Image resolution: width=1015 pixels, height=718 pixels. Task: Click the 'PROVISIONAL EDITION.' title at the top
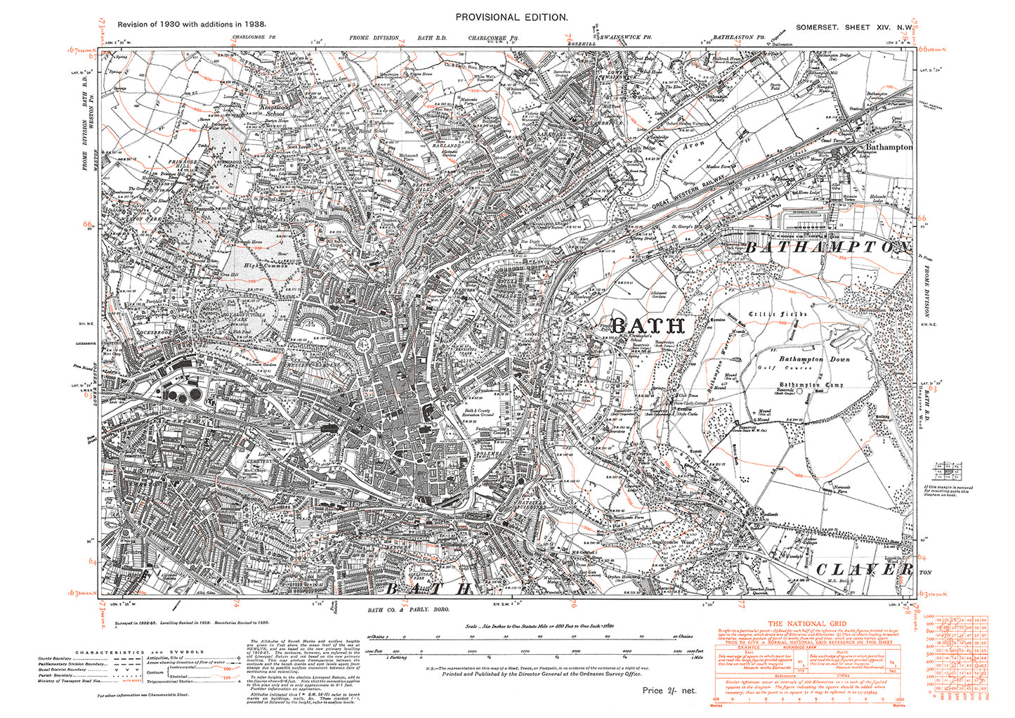coord(511,17)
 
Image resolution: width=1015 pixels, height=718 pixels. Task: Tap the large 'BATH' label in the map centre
coord(647,325)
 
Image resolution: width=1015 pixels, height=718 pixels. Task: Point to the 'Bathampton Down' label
coord(814,359)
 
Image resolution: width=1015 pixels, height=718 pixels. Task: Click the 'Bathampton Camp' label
coord(811,385)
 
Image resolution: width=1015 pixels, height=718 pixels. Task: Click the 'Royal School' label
coord(372,131)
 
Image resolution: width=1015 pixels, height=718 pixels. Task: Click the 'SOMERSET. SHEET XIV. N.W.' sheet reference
coord(853,27)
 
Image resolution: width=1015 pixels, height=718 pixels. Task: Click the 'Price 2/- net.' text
coord(669,691)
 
